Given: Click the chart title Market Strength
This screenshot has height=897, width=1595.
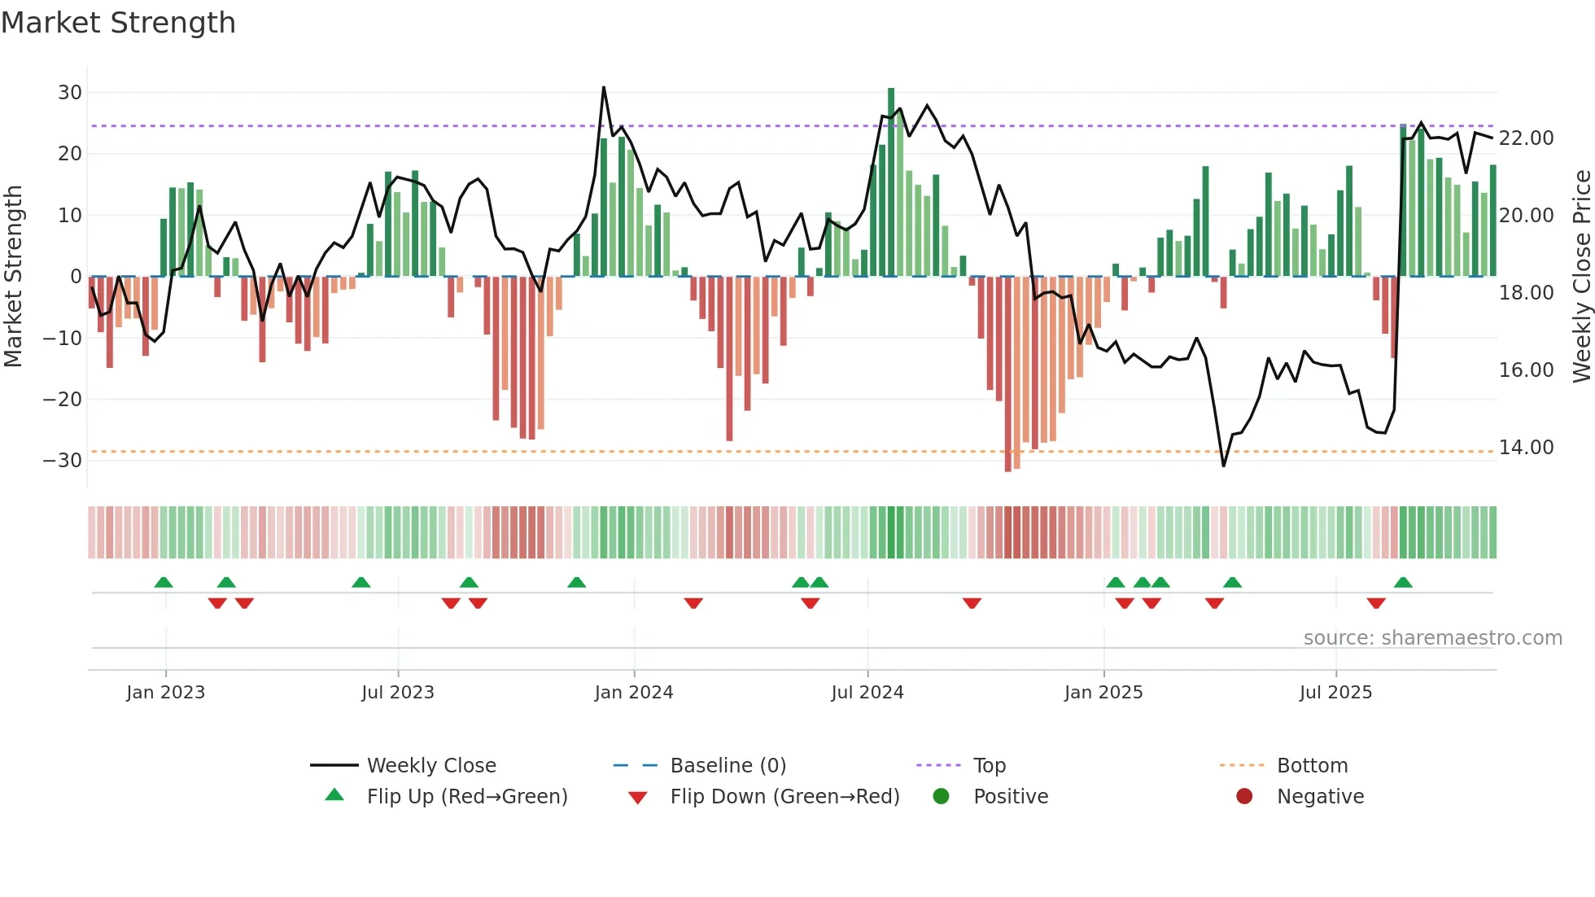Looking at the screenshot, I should click(x=118, y=23).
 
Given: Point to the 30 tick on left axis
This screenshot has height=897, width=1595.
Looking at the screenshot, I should click(x=70, y=93).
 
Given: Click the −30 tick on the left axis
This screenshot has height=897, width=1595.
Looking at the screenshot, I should click(x=63, y=461).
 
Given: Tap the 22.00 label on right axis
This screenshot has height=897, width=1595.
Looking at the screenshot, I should click(x=1527, y=138).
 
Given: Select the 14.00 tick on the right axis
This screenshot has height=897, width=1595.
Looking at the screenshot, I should click(x=1527, y=448).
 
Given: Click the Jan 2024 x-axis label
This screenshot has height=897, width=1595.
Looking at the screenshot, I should click(x=634, y=693).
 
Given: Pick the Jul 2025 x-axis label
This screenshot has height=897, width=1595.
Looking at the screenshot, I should click(x=1335, y=693).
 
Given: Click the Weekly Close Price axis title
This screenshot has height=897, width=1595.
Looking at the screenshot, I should click(x=1581, y=277).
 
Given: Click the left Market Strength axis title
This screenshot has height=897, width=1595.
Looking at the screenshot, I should click(x=14, y=277).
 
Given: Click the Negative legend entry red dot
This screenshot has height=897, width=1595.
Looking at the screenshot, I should click(x=1244, y=796).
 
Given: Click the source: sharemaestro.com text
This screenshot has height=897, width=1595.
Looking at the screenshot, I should click(x=1432, y=638).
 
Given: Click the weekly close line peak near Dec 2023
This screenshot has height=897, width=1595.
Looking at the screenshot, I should click(x=604, y=87).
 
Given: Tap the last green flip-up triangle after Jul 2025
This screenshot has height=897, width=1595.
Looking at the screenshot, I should click(x=1403, y=583).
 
